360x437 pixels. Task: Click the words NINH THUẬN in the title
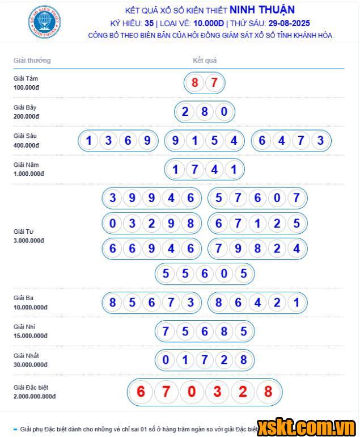[x=262, y=10]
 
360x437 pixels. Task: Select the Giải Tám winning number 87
[x=204, y=83]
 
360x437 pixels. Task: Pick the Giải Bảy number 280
[x=204, y=112]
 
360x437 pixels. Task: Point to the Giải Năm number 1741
[x=204, y=169]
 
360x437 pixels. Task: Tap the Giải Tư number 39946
[x=151, y=198]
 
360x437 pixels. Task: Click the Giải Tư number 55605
[x=204, y=274]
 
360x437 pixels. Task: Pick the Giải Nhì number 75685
[x=204, y=331]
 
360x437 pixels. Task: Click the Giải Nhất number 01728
[x=204, y=360]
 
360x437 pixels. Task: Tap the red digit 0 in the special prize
[x=192, y=392]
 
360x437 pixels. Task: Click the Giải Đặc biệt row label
[x=31, y=387]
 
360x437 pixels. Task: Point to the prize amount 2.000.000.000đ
[x=35, y=396]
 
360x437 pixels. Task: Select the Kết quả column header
[x=205, y=60]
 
